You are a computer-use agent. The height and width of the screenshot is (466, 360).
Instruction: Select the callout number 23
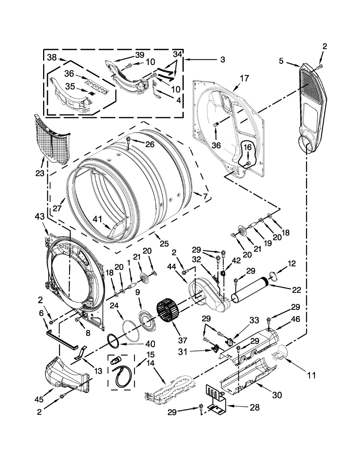(40, 173)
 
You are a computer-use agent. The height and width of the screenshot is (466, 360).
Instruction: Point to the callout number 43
(40, 216)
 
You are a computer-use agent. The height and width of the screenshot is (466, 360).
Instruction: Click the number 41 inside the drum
(98, 219)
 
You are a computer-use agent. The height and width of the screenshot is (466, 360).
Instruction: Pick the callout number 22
(297, 290)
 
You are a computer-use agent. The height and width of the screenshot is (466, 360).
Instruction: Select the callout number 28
(254, 407)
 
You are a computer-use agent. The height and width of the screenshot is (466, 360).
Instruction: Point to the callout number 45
(39, 399)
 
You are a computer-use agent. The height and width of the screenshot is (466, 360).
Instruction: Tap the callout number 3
(223, 60)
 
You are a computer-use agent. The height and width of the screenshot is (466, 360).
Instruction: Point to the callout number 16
(247, 147)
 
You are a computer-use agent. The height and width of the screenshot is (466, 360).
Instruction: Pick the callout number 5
(281, 61)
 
